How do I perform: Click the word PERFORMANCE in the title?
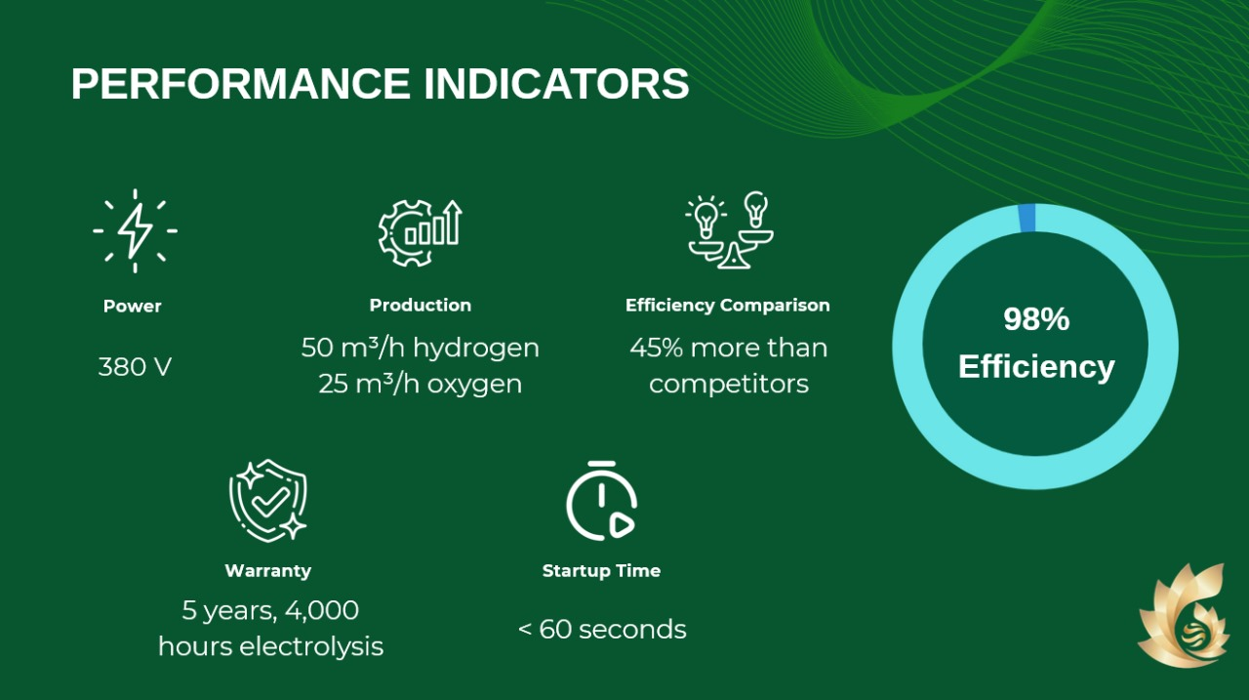click(240, 84)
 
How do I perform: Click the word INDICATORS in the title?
click(556, 84)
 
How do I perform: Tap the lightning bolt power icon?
click(135, 231)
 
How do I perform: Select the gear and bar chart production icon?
click(420, 232)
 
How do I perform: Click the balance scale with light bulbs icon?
click(730, 229)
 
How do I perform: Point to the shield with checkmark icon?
click(268, 500)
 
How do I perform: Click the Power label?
click(132, 307)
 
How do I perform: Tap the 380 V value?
click(135, 367)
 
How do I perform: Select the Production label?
click(421, 306)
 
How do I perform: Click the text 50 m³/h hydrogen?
click(421, 348)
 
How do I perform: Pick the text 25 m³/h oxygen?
click(421, 384)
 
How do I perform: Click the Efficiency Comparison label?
click(728, 306)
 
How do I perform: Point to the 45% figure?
click(657, 348)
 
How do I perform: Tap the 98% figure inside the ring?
click(1036, 319)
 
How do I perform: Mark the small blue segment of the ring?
click(1027, 218)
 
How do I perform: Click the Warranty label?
click(268, 570)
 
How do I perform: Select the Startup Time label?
click(602, 570)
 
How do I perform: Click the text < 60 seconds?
click(602, 629)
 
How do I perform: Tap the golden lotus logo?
click(1184, 615)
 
